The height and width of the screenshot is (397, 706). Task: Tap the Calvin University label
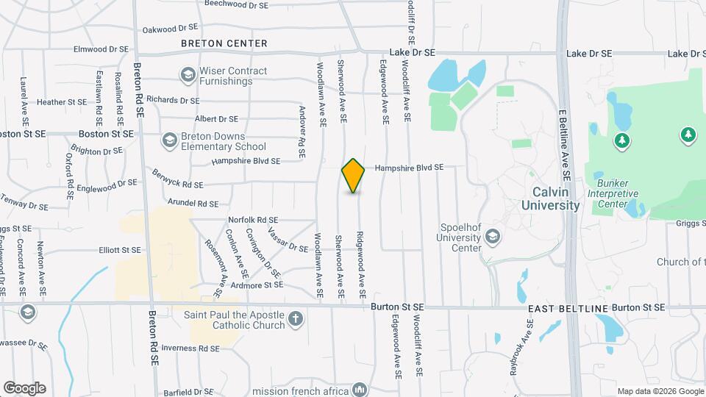(x=550, y=198)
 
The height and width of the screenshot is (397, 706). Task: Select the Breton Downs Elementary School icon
(x=170, y=140)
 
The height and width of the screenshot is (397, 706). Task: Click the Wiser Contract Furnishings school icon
(x=188, y=75)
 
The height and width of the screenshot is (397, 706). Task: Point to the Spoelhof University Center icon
(x=492, y=237)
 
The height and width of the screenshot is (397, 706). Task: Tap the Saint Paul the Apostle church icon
(x=296, y=319)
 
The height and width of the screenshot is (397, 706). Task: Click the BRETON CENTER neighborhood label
(x=224, y=43)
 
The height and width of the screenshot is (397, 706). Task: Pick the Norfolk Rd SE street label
(x=253, y=220)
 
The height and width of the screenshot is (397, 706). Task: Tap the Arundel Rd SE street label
(x=193, y=204)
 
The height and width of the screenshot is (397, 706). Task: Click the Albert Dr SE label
(x=216, y=119)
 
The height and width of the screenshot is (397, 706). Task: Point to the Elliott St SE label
(x=120, y=250)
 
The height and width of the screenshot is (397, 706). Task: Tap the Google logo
(x=24, y=387)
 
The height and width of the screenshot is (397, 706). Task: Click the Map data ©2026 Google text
(x=660, y=391)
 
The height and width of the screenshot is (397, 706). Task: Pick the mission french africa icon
(x=360, y=389)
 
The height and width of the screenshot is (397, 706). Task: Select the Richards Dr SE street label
(x=173, y=100)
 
